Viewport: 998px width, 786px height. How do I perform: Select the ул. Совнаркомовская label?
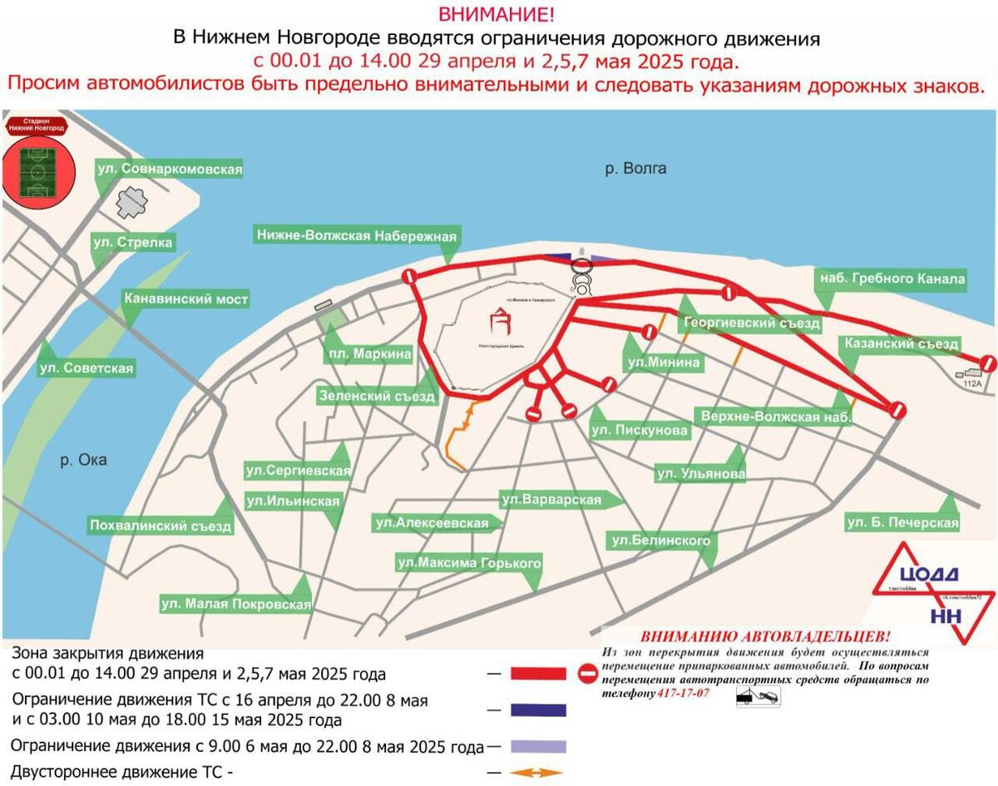[170, 169]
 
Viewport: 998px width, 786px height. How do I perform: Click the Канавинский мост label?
[185, 299]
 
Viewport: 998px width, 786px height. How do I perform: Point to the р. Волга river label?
[635, 169]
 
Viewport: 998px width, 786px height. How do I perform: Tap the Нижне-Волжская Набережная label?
[357, 236]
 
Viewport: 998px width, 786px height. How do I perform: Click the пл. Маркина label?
[368, 355]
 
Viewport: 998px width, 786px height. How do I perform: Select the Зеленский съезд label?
[377, 397]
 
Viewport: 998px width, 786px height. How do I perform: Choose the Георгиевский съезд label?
[752, 324]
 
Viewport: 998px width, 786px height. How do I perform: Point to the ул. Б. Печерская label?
[902, 523]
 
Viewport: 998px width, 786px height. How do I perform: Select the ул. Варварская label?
[551, 500]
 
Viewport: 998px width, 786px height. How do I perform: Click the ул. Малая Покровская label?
[236, 605]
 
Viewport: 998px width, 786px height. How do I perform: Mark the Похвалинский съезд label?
[161, 526]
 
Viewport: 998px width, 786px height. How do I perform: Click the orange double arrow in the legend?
[536, 773]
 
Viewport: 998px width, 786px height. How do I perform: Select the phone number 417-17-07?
[683, 694]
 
